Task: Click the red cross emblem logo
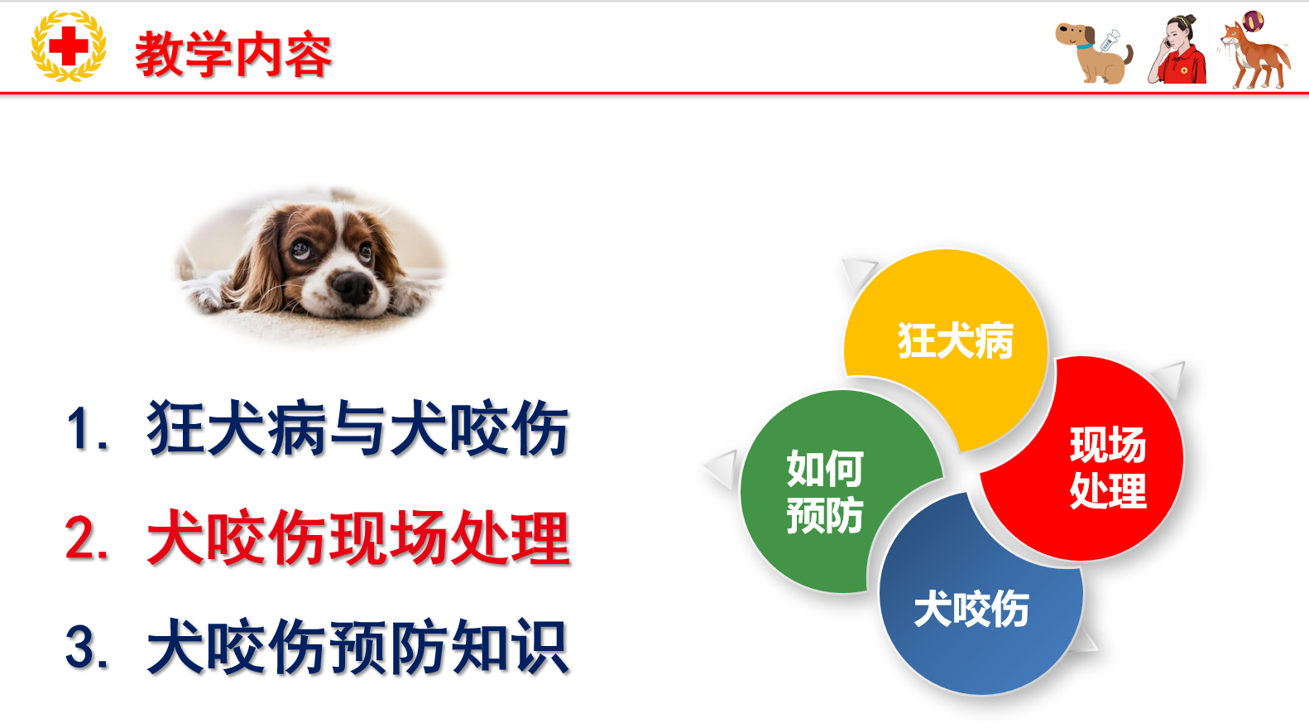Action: point(69,46)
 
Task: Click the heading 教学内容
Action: point(233,55)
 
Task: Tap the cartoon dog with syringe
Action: point(1094,54)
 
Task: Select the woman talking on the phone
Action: point(1177,49)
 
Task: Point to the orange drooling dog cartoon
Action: point(1255,51)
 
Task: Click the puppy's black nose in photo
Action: point(352,287)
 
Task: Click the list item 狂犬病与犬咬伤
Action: point(357,428)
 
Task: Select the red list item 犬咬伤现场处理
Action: point(358,538)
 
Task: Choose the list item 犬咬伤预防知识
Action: point(357,647)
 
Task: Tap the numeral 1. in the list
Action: point(88,429)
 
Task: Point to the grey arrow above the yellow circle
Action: point(858,272)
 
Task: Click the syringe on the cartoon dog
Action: point(1109,41)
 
